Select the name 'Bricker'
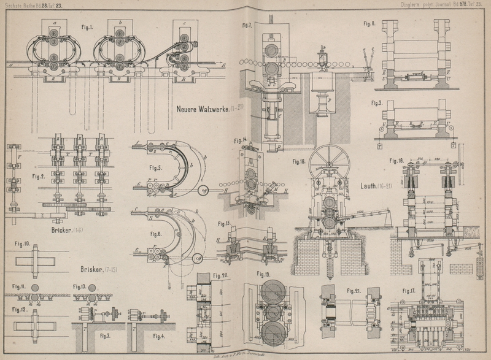tap(58, 231)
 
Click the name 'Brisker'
tap(92, 269)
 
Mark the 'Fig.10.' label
tap(23, 243)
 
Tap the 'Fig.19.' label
tap(264, 273)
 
